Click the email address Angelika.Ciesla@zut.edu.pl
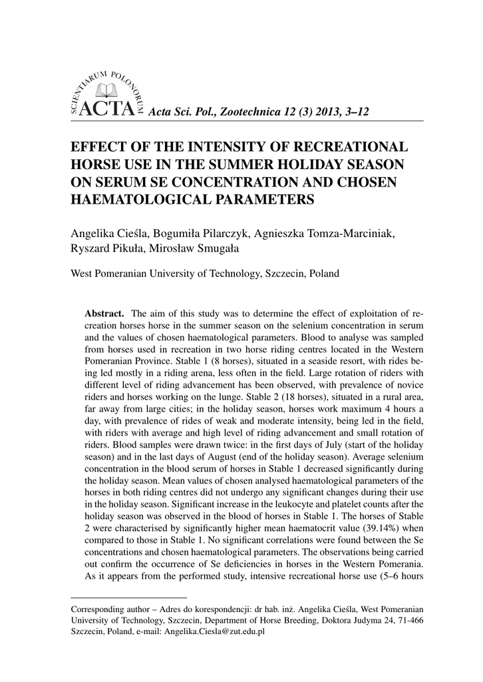[x=214, y=632]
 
